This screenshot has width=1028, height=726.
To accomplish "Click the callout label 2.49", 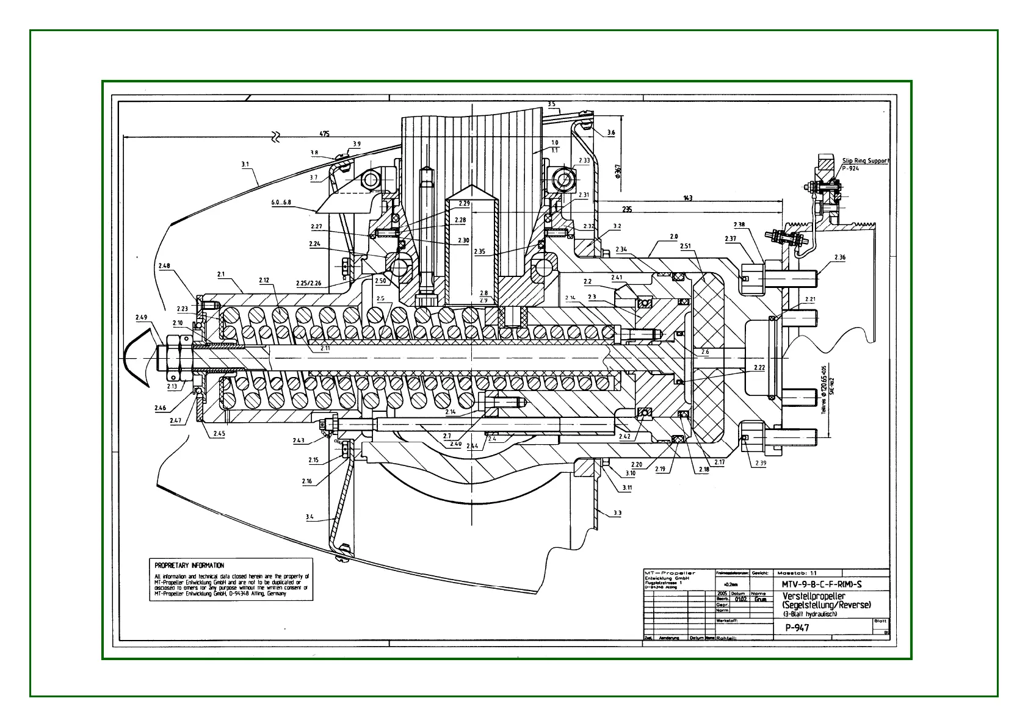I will tap(141, 317).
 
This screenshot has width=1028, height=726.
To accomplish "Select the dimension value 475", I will tap(324, 134).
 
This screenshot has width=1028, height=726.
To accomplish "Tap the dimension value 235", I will tap(626, 209).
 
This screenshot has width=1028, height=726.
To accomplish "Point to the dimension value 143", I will tap(688, 198).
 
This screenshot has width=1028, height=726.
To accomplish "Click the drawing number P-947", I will tap(797, 627).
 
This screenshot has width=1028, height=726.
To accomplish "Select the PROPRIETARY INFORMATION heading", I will tap(189, 566).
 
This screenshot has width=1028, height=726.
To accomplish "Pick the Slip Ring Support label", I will tap(866, 161).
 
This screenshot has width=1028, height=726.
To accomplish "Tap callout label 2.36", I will tap(839, 257).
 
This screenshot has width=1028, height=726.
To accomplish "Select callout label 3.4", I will tap(309, 517).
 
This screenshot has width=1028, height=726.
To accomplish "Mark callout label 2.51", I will tap(685, 246).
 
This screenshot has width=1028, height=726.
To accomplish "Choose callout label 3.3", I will tap(617, 513).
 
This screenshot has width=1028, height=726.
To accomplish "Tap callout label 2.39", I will tap(760, 463).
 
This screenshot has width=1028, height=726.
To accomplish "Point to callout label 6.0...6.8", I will tap(281, 203).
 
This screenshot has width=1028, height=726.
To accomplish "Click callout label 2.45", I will tap(219, 434).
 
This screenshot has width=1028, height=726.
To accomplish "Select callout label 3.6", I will tap(611, 132).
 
